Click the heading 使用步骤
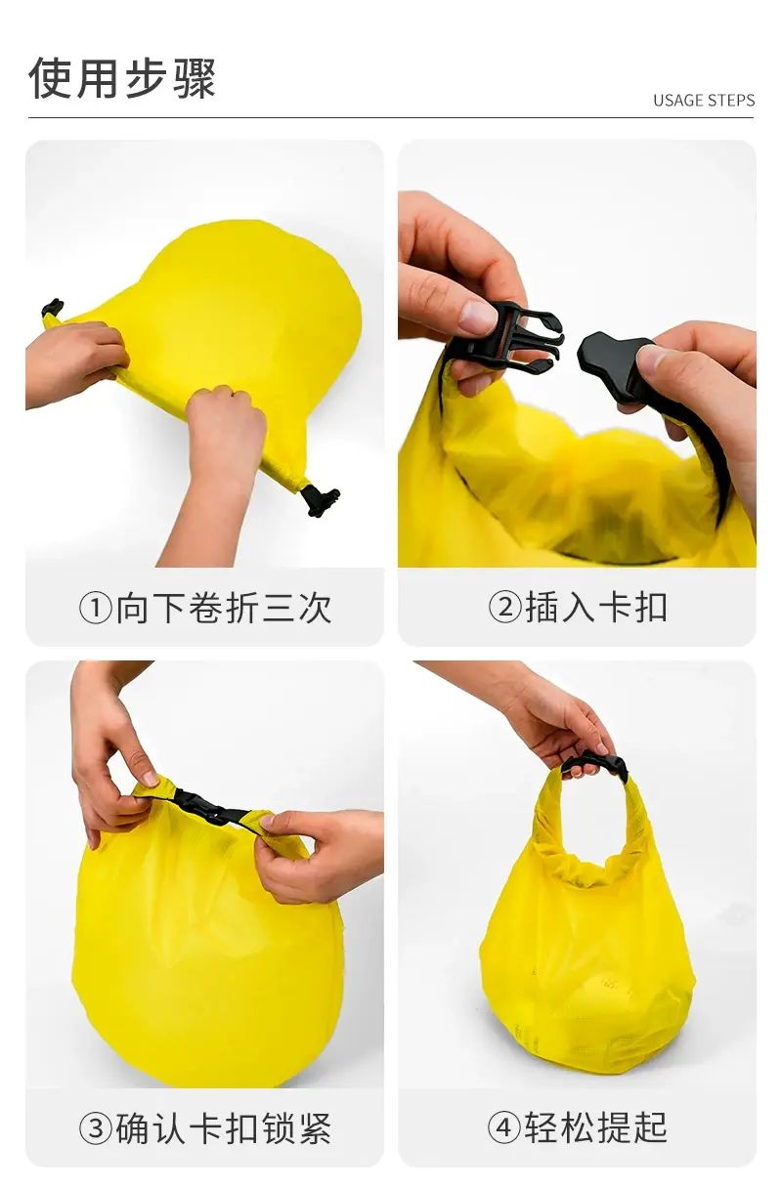click(x=122, y=78)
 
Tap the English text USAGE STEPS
click(x=704, y=101)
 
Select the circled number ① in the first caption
click(x=96, y=609)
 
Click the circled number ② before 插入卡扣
click(x=504, y=608)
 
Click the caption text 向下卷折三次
click(x=224, y=609)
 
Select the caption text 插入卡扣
click(x=596, y=608)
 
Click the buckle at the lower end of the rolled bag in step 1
click(x=320, y=500)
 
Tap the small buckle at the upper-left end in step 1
click(x=52, y=308)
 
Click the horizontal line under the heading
click(x=391, y=117)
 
